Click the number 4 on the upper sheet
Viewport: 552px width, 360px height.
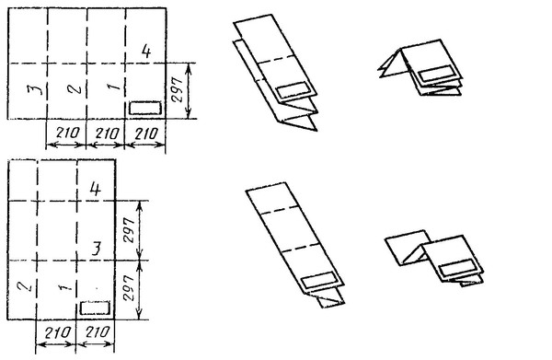(146, 51)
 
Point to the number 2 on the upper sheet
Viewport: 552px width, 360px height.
(75, 87)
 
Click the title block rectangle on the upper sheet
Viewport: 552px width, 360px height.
(145, 108)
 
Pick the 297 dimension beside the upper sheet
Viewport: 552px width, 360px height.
(178, 90)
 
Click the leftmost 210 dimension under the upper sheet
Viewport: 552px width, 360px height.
(67, 133)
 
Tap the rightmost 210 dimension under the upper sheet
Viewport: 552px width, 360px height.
(145, 134)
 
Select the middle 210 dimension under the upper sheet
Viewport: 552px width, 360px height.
(107, 134)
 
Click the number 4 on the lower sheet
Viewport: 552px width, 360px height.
(95, 189)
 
